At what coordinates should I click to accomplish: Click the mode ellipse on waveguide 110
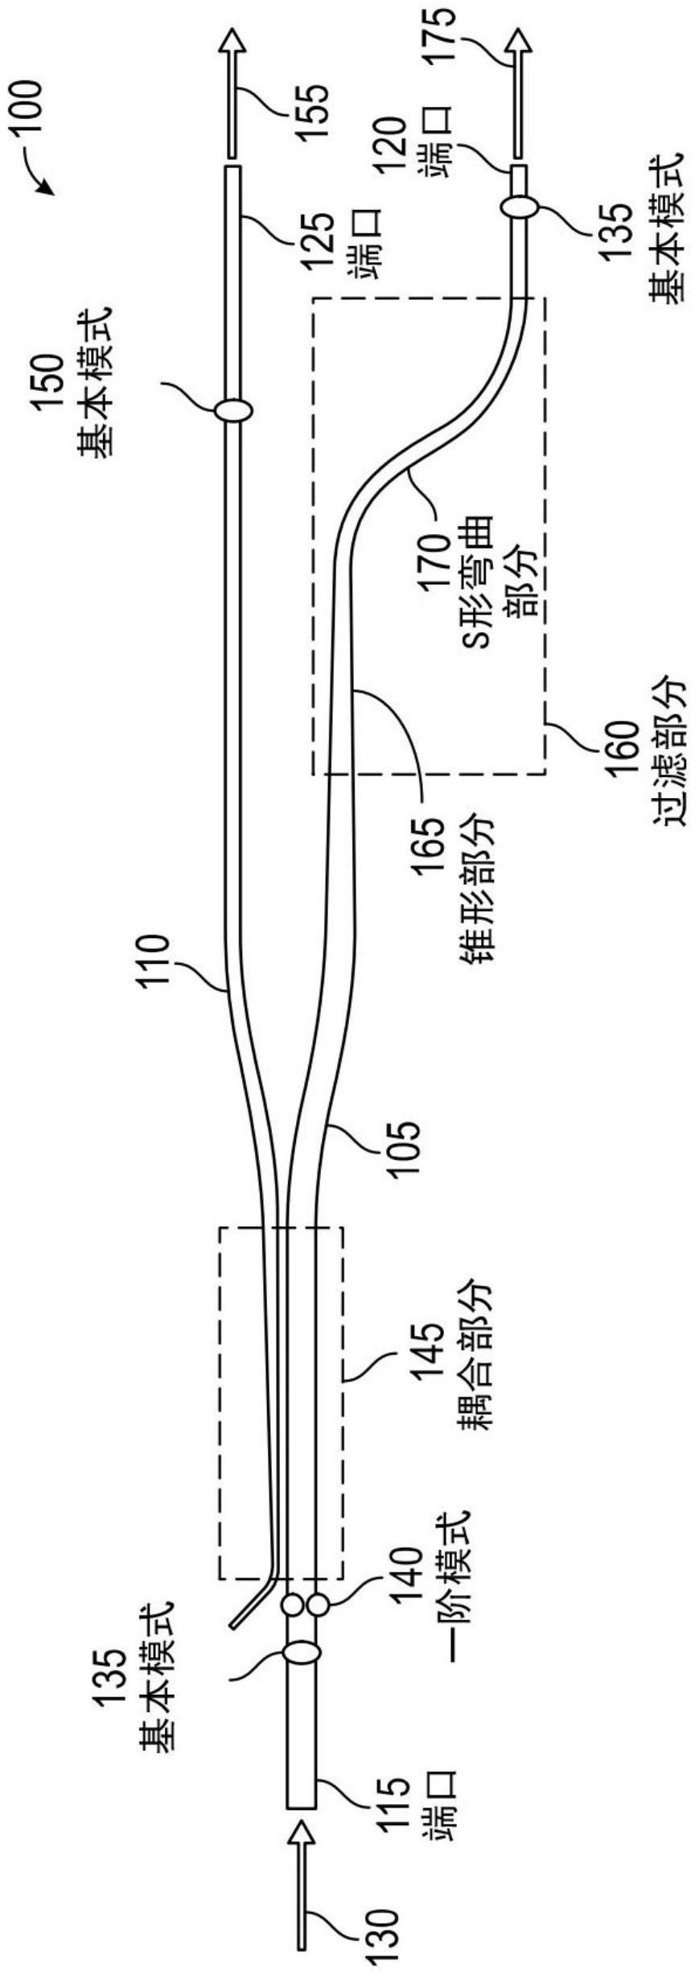click(x=233, y=410)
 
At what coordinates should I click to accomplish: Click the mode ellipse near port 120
click(x=519, y=207)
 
